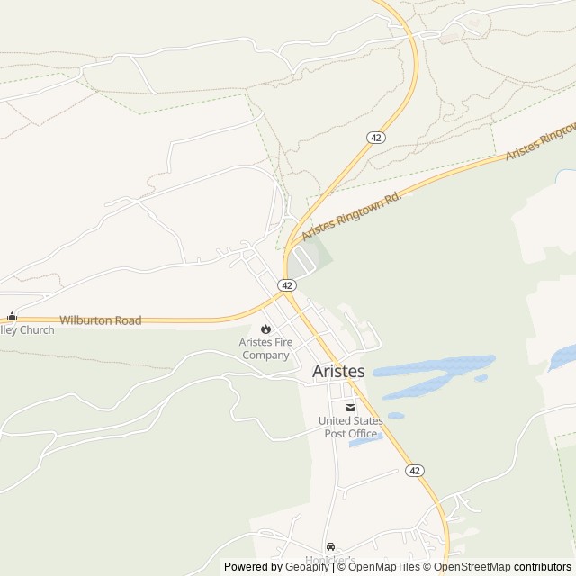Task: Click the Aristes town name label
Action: (338, 371)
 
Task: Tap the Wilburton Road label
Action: (101, 320)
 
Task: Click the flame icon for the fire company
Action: (265, 328)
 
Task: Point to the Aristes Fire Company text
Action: (265, 348)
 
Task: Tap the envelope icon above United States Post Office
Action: (350, 407)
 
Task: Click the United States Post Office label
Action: (350, 427)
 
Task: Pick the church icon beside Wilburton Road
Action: (12, 317)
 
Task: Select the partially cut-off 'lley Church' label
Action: (27, 330)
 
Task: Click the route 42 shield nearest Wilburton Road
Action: (287, 284)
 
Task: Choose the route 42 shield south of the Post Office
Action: (414, 471)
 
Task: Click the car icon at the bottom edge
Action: (331, 546)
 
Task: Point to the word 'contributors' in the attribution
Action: (543, 567)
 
